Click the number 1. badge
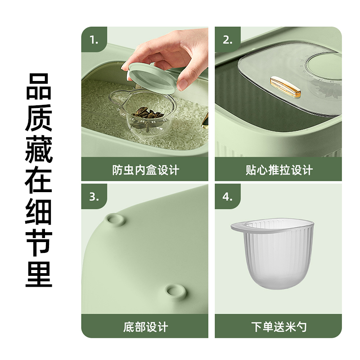click(94, 40)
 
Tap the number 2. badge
click(228, 40)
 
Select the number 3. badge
click(94, 197)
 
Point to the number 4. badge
click(228, 197)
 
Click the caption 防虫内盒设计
click(145, 170)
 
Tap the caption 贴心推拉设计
click(279, 170)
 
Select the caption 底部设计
click(145, 327)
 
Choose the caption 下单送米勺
click(279, 327)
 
